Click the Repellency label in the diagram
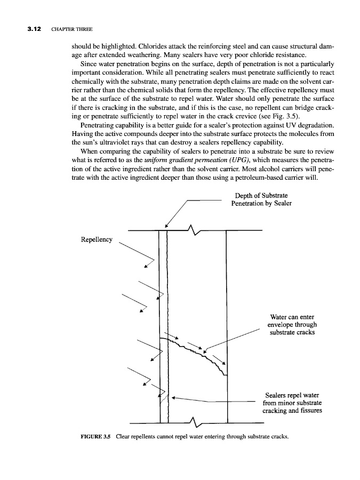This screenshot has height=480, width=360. pyautogui.click(x=96, y=239)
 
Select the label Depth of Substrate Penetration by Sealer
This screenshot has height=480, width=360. pyautogui.click(x=261, y=199)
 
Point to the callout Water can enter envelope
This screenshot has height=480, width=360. pyautogui.click(x=292, y=324)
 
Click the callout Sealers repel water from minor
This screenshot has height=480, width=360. pyautogui.click(x=292, y=403)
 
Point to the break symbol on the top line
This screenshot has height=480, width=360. pyautogui.click(x=194, y=230)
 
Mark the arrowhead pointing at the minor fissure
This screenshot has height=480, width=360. pyautogui.click(x=173, y=397)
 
